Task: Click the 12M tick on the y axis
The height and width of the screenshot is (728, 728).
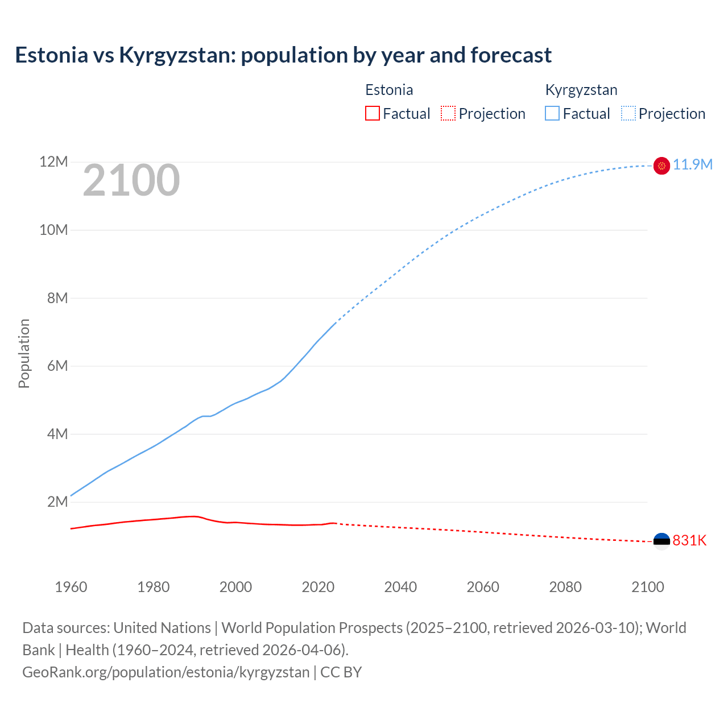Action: pos(53,162)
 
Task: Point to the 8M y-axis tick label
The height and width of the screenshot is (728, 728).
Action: pos(57,298)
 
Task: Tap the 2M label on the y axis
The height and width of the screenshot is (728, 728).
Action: pos(57,502)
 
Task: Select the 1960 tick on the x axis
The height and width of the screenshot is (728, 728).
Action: pos(71,587)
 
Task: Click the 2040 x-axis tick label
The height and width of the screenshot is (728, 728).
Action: pos(400,587)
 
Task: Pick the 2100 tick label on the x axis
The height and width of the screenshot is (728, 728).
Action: pos(648,587)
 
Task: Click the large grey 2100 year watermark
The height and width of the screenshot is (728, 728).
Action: pos(131,181)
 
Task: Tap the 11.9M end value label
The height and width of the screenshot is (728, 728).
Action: pos(693,165)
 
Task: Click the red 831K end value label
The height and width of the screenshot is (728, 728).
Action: pos(689,540)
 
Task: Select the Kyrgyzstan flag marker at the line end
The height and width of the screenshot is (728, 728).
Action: pos(661,166)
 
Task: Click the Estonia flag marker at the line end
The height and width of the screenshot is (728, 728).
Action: pos(661,541)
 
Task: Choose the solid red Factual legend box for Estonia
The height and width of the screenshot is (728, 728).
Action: pos(373,113)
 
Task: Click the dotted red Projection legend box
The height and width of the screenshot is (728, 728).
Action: pos(448,113)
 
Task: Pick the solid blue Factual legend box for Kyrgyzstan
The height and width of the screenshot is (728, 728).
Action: pos(552,113)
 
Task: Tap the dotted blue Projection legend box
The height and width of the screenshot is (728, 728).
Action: pos(628,113)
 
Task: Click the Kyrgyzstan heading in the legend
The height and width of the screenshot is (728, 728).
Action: pos(581,90)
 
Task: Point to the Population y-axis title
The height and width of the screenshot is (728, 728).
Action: pos(24,353)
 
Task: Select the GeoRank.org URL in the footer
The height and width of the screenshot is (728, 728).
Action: pos(166,672)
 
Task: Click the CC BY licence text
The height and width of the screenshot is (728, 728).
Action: pos(341,672)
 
